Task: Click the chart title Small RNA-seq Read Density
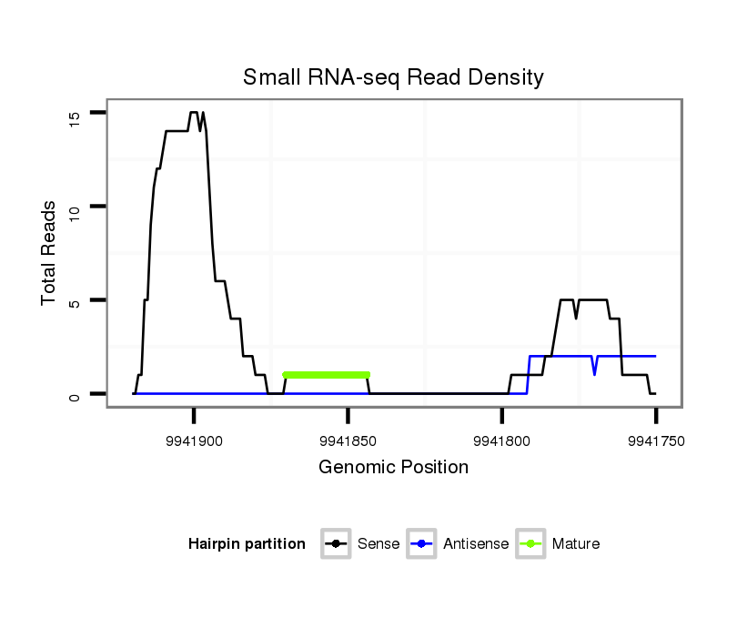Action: (x=393, y=77)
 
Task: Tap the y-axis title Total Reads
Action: (x=49, y=253)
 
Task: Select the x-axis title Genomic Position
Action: (x=393, y=468)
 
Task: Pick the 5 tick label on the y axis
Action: (x=74, y=300)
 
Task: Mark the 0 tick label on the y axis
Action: (x=74, y=394)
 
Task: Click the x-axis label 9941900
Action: (x=194, y=441)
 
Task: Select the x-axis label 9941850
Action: (x=348, y=441)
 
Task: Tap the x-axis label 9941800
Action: (x=501, y=441)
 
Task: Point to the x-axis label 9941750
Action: (x=655, y=441)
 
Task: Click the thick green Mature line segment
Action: (x=327, y=374)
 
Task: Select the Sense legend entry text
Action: (x=379, y=544)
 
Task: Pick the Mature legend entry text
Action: (x=576, y=544)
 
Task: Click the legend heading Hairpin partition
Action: (x=247, y=544)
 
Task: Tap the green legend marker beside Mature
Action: (x=530, y=544)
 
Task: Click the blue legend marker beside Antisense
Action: (x=422, y=544)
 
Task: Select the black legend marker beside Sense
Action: (x=336, y=544)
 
